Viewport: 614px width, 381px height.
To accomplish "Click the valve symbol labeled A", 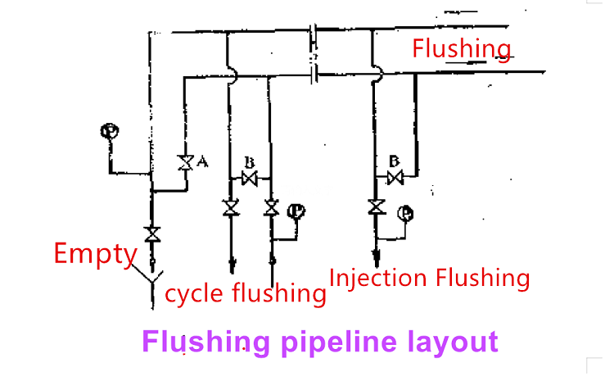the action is click(185, 162).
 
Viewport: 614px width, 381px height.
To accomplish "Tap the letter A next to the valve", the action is click(202, 161).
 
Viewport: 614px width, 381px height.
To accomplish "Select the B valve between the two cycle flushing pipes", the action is click(250, 179).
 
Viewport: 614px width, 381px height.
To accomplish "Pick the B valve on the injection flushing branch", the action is click(395, 178).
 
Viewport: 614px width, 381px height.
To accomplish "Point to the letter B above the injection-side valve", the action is click(394, 161).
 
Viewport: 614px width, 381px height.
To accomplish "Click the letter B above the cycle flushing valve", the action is click(249, 162).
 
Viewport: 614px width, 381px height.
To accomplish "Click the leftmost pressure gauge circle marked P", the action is click(110, 131).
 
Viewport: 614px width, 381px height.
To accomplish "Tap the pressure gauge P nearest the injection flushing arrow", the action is click(405, 214).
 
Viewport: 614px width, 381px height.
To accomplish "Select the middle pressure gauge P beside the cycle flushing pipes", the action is click(296, 211).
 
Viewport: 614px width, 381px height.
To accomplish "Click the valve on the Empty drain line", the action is click(152, 234).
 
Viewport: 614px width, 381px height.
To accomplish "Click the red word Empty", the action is click(96, 254).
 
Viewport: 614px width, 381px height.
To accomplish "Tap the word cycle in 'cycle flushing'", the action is click(194, 294).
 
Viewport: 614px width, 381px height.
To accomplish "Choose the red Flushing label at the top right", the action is click(461, 49).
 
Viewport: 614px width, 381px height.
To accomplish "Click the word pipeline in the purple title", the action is click(339, 342).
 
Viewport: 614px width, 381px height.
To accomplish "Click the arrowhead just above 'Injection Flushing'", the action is click(377, 259).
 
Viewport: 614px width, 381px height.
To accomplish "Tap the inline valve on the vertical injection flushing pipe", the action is click(376, 207).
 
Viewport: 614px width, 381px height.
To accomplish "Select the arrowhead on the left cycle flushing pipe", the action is click(232, 265).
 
